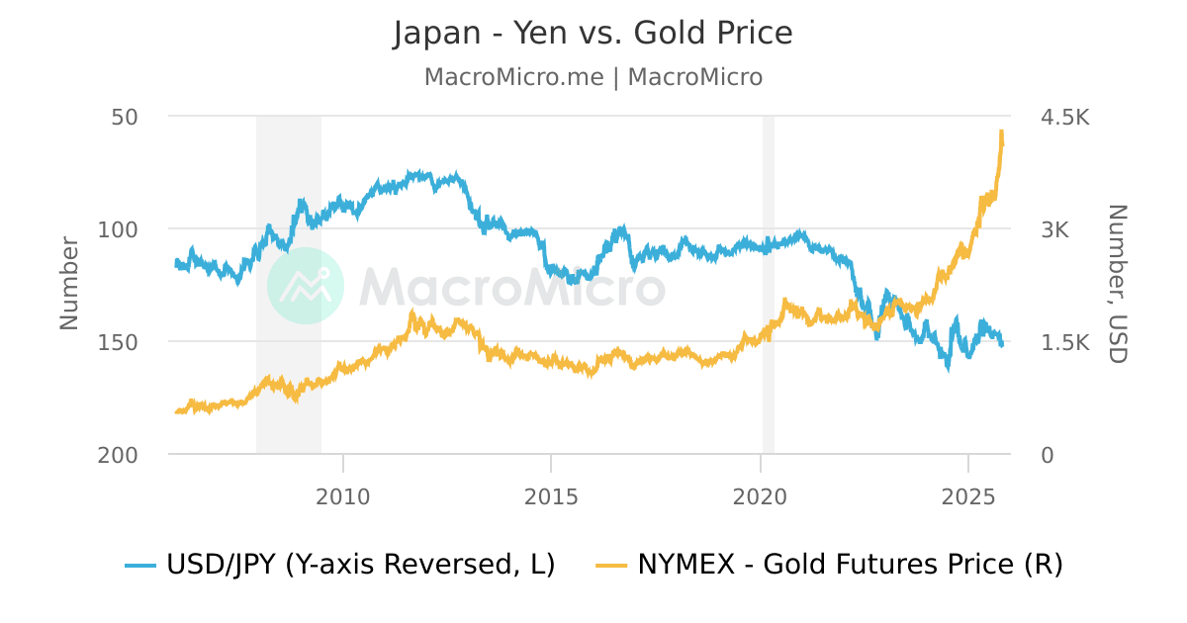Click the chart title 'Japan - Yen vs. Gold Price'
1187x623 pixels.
[593, 34]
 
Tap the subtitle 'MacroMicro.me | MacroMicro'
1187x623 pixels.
[593, 77]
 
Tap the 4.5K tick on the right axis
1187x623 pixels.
[1064, 117]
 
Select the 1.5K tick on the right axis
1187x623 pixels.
[1064, 342]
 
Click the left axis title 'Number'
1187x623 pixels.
[69, 283]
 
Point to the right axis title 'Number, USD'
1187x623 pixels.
[1117, 284]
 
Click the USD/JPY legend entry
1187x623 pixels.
[340, 565]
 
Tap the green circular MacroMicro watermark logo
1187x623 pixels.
[306, 286]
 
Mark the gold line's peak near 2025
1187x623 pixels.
[1002, 132]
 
